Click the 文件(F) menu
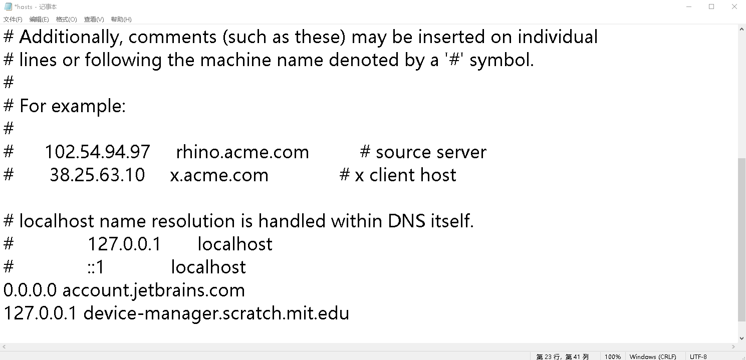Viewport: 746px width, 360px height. pyautogui.click(x=13, y=20)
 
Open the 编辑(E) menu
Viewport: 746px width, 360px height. pyautogui.click(x=39, y=20)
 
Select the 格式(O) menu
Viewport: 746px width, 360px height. pyautogui.click(x=66, y=20)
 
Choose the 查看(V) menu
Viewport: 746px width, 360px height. pyautogui.click(x=94, y=20)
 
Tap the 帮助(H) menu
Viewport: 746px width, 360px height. pyautogui.click(x=121, y=20)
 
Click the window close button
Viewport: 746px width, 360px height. pyautogui.click(x=734, y=7)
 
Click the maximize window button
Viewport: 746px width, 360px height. pyautogui.click(x=711, y=7)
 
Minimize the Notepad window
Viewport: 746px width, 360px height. pyautogui.click(x=688, y=7)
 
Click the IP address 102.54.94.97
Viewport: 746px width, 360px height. pyautogui.click(x=97, y=152)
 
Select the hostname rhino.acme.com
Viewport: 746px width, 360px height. pyautogui.click(x=242, y=152)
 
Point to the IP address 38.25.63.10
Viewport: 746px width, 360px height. pyautogui.click(x=97, y=175)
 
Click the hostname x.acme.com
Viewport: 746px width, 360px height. pyautogui.click(x=219, y=175)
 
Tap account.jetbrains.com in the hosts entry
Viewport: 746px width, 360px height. pyautogui.click(x=153, y=290)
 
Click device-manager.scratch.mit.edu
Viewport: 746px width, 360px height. pyautogui.click(x=216, y=313)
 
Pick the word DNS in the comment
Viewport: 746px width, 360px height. pyautogui.click(x=406, y=221)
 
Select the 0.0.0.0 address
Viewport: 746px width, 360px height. pyautogui.click(x=31, y=290)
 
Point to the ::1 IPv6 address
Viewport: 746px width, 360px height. pyautogui.click(x=96, y=267)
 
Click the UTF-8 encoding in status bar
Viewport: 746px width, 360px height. pyautogui.click(x=698, y=356)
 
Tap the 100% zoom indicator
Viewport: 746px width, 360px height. pyautogui.click(x=612, y=356)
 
